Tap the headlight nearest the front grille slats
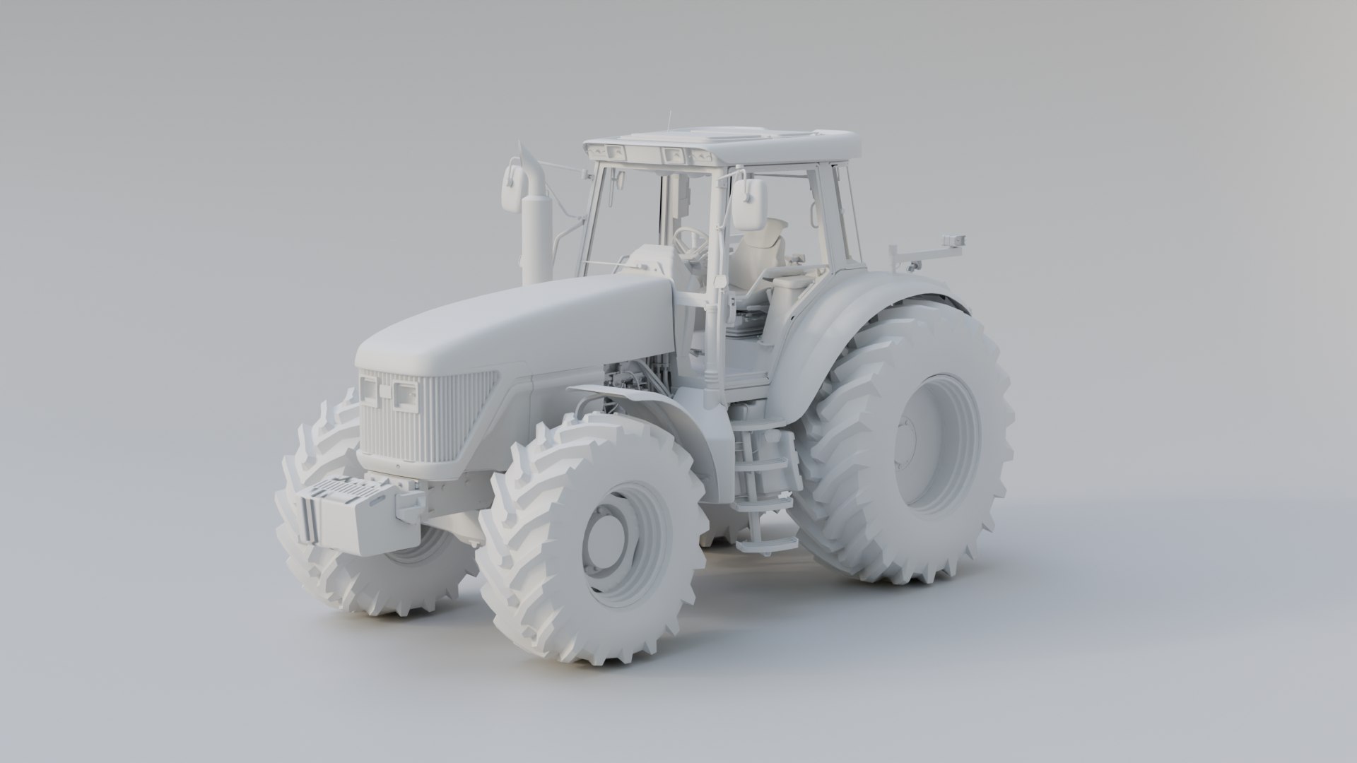tap(406, 394)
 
